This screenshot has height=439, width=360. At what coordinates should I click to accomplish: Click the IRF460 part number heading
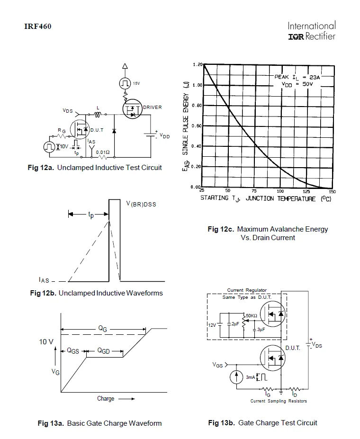coord(38,27)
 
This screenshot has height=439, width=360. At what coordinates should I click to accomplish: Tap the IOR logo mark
coord(296,36)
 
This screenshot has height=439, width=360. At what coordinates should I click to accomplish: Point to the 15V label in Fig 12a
coord(136,83)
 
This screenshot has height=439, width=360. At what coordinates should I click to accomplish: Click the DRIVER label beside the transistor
coord(152,107)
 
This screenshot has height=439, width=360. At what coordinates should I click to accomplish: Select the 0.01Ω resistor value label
coord(103,152)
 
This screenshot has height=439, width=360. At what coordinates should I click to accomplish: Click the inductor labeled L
coord(98,114)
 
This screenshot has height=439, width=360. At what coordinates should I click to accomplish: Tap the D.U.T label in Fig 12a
coord(97,130)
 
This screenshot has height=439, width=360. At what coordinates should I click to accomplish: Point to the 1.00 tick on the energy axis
coord(198,85)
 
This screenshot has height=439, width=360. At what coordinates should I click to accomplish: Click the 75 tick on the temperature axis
coord(254,191)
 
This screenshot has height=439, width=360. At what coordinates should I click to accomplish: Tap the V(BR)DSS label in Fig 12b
coord(141,204)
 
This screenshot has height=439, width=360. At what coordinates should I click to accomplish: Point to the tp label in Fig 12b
coord(91,215)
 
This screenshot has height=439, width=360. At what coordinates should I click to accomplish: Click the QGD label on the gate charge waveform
coord(104,351)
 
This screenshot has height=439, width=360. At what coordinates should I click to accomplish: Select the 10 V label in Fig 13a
coord(46,342)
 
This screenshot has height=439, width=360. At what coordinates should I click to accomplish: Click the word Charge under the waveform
coord(106,398)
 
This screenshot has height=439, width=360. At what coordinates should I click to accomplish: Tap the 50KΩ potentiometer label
coord(252,315)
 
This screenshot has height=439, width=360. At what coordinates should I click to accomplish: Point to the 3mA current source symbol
coord(236,376)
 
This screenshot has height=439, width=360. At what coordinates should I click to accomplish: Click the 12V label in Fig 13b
coord(212,325)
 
